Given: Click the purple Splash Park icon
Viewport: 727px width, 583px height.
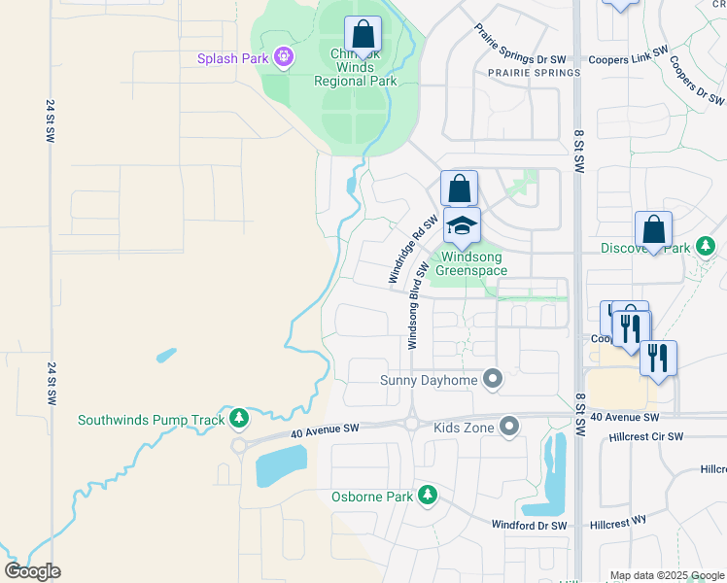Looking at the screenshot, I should [283, 59].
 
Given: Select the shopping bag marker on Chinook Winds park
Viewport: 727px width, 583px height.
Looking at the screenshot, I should [363, 35].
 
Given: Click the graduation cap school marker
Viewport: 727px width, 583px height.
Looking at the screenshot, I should [462, 227].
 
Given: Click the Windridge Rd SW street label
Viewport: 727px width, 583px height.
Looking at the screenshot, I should [408, 250].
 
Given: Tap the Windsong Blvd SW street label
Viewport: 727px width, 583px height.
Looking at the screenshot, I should [416, 305].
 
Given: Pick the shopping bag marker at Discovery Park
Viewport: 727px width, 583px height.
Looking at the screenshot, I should [654, 231].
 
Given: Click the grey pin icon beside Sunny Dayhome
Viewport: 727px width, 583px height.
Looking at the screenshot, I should [493, 379].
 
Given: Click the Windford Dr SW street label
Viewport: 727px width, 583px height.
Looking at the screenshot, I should [529, 526].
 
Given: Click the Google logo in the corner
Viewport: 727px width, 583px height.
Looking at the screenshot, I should [32, 570].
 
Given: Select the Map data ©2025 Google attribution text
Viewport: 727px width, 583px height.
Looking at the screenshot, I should [667, 575].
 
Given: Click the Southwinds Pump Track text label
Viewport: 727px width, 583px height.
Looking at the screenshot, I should [152, 421].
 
